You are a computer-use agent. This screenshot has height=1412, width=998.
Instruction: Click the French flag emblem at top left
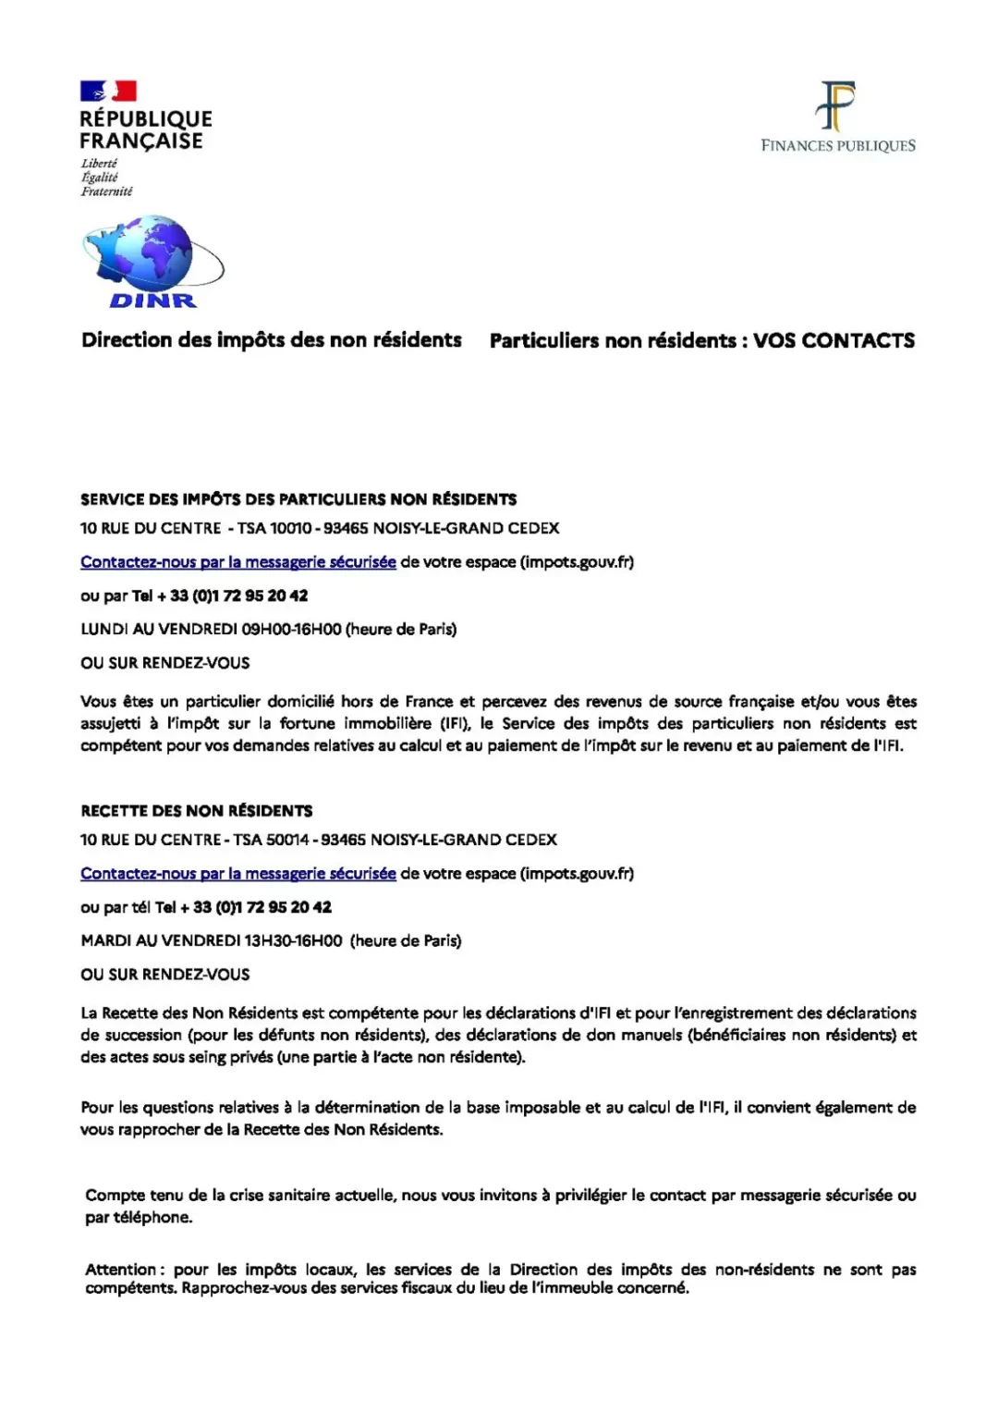pyautogui.click(x=108, y=91)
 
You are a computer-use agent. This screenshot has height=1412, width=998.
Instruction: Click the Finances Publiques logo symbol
pyautogui.click(x=836, y=105)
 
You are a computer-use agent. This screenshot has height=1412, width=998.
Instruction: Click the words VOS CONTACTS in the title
pyautogui.click(x=834, y=340)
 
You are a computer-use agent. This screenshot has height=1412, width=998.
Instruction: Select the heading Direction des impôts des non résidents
pyautogui.click(x=271, y=340)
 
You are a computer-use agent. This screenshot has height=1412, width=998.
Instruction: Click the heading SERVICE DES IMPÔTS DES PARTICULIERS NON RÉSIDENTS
pyautogui.click(x=298, y=499)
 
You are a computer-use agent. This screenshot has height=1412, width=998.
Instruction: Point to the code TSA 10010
pyautogui.click(x=274, y=528)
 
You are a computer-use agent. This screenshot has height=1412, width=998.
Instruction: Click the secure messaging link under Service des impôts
pyautogui.click(x=237, y=562)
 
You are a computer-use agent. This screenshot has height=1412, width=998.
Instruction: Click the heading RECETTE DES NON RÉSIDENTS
pyautogui.click(x=196, y=811)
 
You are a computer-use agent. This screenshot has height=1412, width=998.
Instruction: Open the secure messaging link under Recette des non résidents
pyautogui.click(x=237, y=874)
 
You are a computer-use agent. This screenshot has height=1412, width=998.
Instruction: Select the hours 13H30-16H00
pyautogui.click(x=293, y=941)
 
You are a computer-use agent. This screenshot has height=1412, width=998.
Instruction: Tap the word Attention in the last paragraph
pyautogui.click(x=121, y=1270)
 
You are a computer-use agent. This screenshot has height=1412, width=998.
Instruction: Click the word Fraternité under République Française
pyautogui.click(x=106, y=191)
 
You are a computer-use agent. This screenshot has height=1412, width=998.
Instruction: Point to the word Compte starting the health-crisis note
pyautogui.click(x=115, y=1196)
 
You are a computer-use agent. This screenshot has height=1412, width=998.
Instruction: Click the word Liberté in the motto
pyautogui.click(x=99, y=164)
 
